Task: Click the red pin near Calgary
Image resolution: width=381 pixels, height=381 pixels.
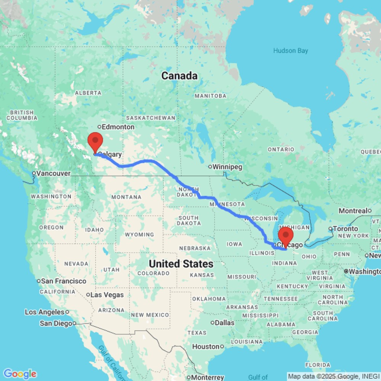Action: click(95, 142)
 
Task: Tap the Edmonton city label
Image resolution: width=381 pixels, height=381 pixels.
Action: click(118, 127)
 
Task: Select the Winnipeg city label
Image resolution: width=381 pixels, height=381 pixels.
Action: click(227, 167)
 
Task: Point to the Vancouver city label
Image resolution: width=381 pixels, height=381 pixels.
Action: click(53, 173)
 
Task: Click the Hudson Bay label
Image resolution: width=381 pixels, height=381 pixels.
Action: click(290, 51)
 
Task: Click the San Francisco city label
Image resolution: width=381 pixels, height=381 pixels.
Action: click(64, 281)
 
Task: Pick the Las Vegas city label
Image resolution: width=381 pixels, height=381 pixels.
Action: click(107, 295)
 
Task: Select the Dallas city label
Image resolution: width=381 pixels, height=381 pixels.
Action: click(224, 323)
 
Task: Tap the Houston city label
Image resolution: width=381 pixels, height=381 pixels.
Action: click(205, 347)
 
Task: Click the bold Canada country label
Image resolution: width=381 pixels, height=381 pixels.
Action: click(179, 76)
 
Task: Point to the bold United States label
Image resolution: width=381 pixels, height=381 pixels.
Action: click(181, 264)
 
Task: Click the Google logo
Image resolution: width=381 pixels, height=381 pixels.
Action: click(19, 374)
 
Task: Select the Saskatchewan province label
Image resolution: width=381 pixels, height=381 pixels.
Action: click(150, 118)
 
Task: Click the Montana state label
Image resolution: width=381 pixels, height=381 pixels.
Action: click(126, 197)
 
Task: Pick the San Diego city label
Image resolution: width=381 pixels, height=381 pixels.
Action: click(56, 323)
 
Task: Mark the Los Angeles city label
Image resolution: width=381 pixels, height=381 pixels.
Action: click(45, 312)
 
